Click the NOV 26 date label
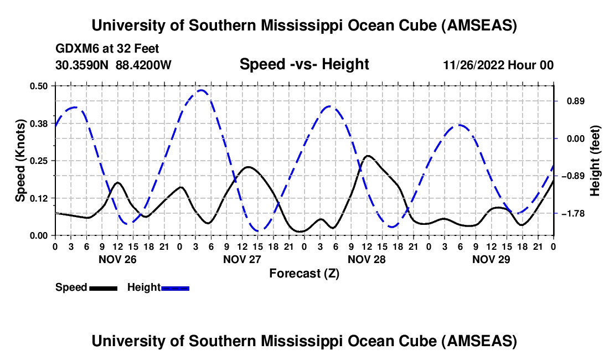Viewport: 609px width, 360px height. click(x=117, y=259)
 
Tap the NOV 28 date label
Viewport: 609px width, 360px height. click(x=366, y=259)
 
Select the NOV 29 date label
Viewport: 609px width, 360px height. click(x=491, y=259)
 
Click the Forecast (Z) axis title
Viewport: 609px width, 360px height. click(x=304, y=273)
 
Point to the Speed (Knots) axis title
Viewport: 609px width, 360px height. click(x=20, y=161)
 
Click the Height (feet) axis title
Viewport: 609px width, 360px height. click(x=595, y=161)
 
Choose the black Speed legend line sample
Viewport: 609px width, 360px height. click(x=103, y=288)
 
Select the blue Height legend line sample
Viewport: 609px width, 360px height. click(x=176, y=288)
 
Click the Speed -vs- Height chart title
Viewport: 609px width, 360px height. click(x=304, y=64)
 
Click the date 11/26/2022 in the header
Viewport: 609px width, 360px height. click(x=474, y=65)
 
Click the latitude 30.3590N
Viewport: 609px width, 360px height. click(x=82, y=65)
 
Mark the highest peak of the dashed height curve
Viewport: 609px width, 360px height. click(x=202, y=90)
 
